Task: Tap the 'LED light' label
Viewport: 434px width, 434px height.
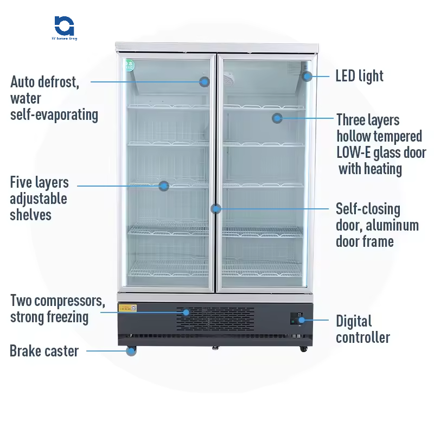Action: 359,76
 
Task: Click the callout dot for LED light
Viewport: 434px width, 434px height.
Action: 308,76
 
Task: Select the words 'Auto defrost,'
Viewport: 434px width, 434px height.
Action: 45,82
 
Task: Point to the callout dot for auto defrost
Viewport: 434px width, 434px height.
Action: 205,82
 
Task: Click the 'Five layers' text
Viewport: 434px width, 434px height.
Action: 39,182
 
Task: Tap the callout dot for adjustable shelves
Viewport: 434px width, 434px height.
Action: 164,186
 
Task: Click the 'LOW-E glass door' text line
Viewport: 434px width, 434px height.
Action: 381,152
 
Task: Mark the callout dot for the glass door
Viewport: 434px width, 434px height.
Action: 277,117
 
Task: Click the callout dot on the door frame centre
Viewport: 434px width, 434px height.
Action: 216,208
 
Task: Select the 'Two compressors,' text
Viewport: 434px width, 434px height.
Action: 57,301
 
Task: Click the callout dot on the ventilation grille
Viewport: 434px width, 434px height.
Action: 186,312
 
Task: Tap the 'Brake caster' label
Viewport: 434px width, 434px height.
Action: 44,351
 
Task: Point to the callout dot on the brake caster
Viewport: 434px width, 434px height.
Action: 131,351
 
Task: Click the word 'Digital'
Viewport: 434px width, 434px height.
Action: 354,321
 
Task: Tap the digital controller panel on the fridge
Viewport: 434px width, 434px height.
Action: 297,318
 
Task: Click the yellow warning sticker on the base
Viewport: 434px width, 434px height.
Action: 127,308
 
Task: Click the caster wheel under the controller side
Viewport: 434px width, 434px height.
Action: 302,348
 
